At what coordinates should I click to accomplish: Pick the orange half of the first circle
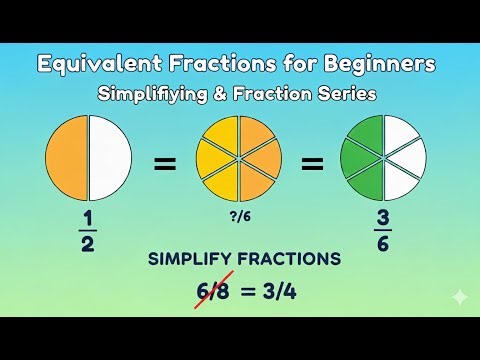[66, 157]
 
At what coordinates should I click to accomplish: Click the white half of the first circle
[110, 157]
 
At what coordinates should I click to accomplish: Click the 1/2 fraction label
[88, 231]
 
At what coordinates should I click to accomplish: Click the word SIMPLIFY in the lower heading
[189, 259]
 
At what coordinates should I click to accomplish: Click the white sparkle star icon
[458, 297]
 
